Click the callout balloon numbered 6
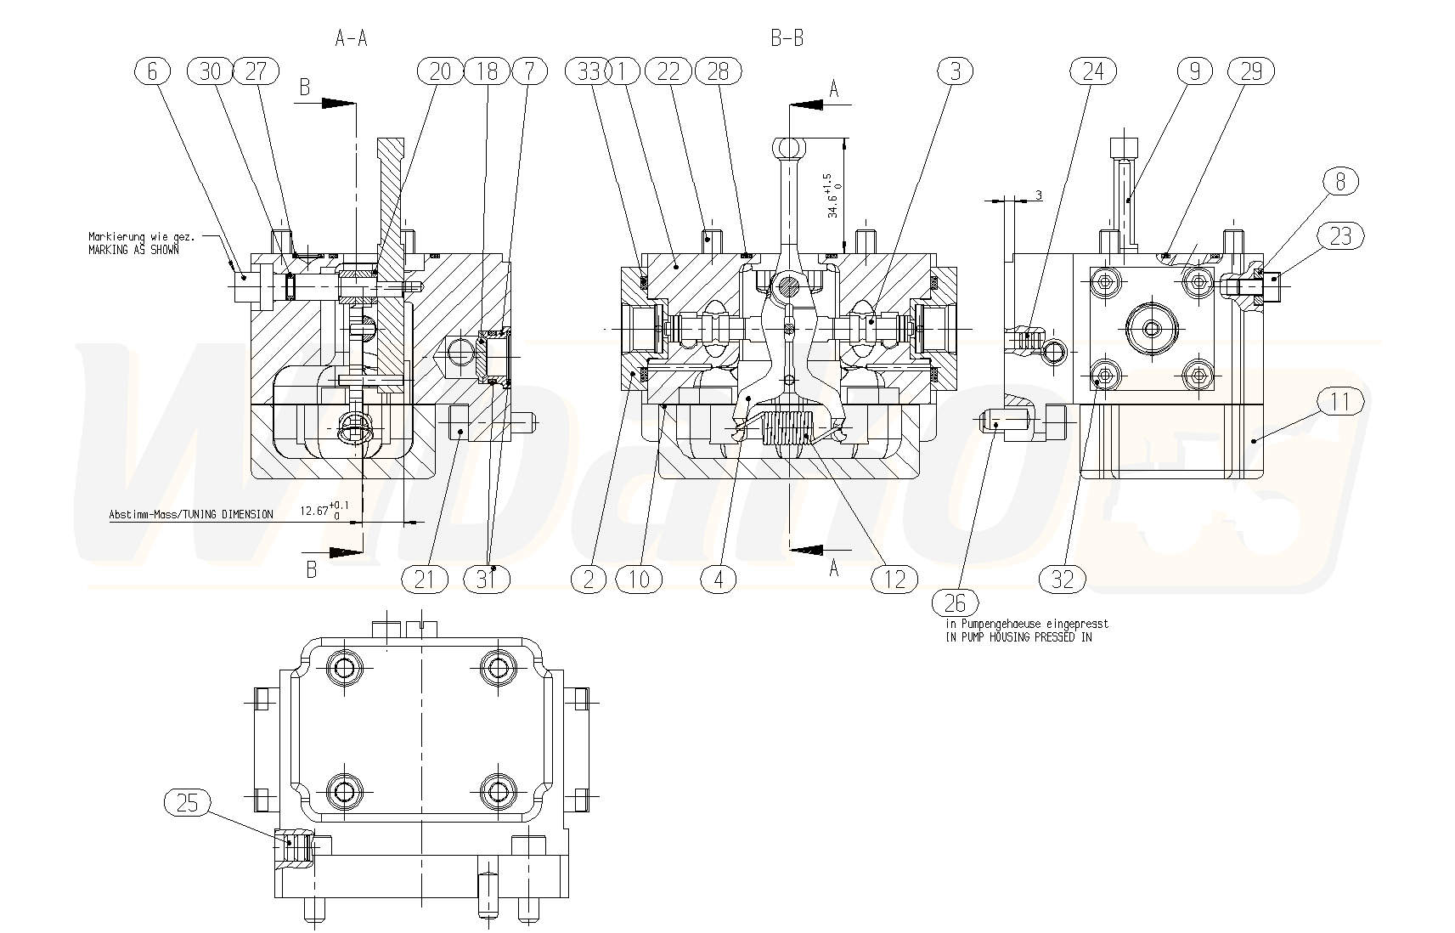[153, 71]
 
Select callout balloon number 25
[187, 802]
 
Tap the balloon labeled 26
[956, 602]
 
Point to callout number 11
[1339, 401]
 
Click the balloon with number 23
[1339, 235]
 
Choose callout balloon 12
[894, 579]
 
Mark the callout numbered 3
[956, 71]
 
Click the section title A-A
[351, 37]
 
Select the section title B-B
[787, 37]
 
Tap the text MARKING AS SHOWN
[133, 250]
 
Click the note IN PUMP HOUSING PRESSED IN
[1018, 636]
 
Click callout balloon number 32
[1063, 579]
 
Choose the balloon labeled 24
[1093, 71]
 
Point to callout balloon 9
[1195, 71]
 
